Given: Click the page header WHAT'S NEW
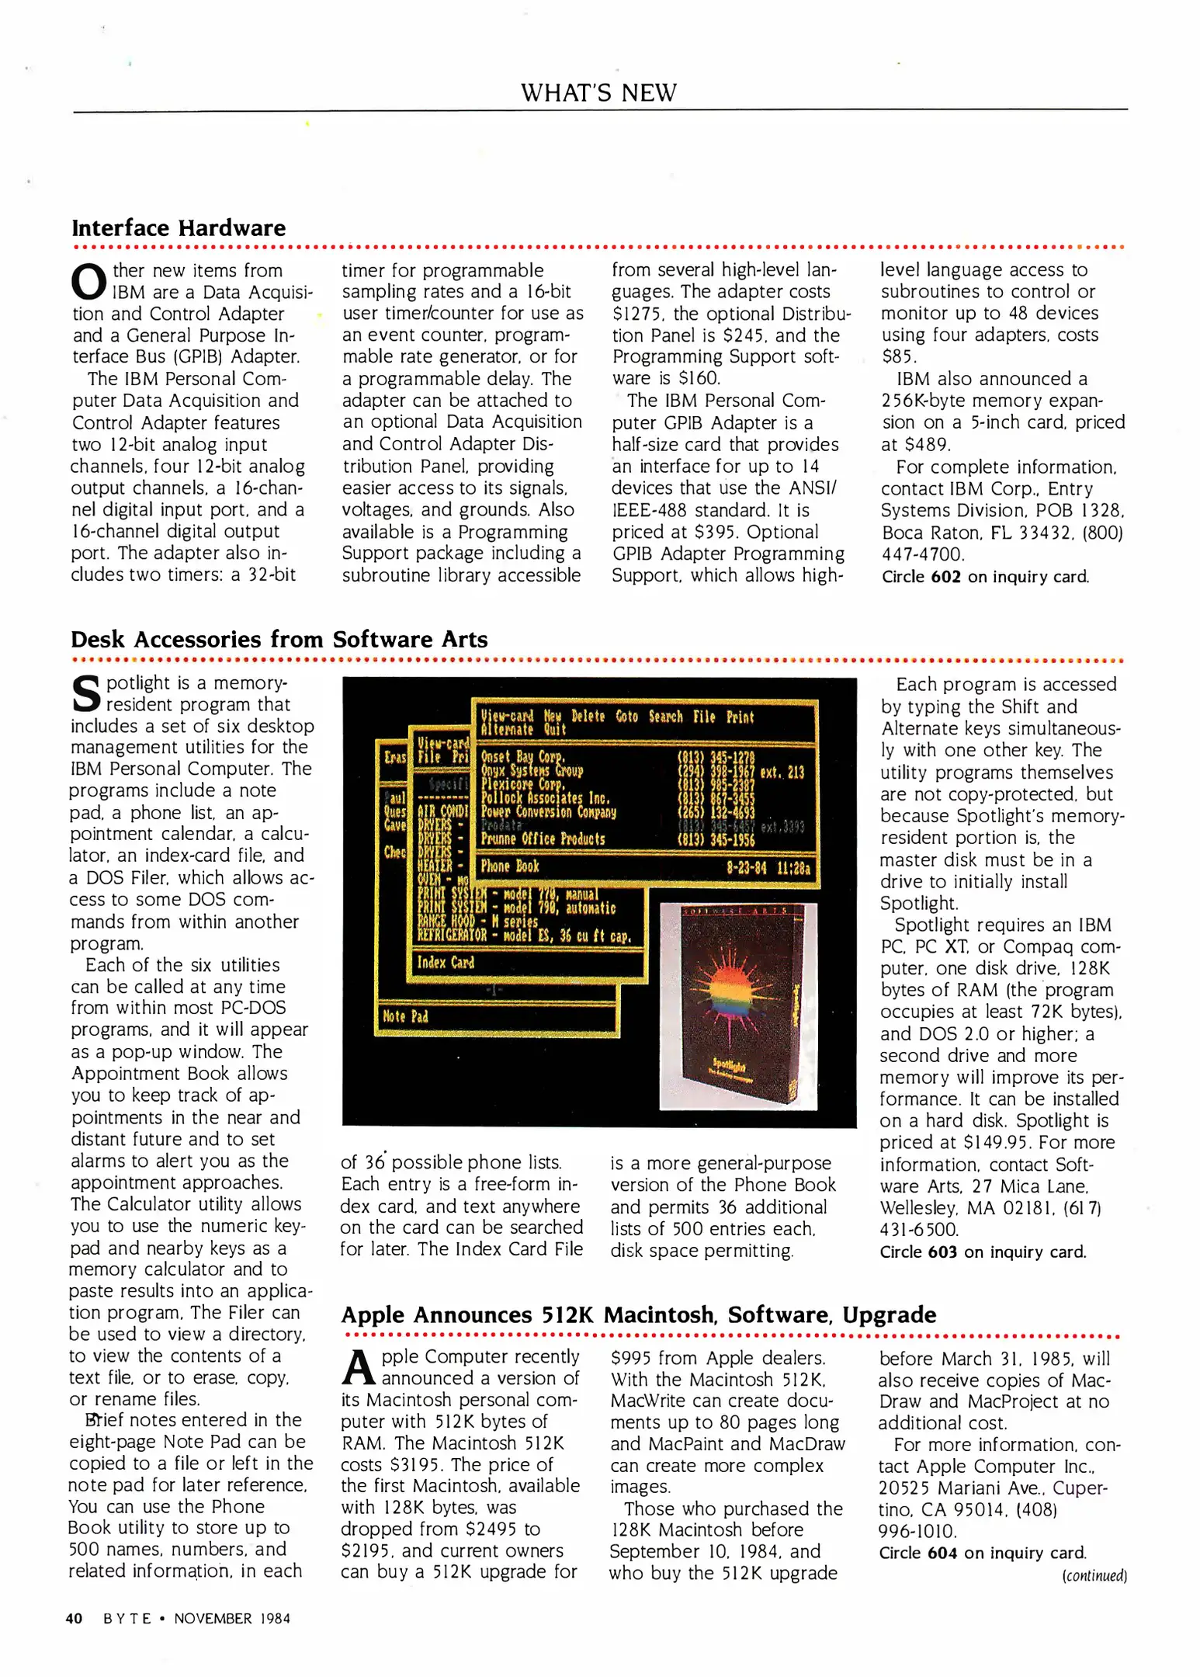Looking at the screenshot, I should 598,92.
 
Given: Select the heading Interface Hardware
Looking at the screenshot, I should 179,228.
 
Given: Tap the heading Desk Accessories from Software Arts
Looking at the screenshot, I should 279,640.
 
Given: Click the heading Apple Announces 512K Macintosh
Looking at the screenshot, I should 638,1315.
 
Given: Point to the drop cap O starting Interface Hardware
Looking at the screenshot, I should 88,283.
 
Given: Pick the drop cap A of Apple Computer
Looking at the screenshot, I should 358,1368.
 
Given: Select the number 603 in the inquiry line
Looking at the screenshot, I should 942,1252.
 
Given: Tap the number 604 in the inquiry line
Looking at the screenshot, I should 942,1553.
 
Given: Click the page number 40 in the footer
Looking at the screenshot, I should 74,1619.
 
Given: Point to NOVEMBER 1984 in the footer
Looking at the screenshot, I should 232,1619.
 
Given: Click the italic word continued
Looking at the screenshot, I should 1094,1575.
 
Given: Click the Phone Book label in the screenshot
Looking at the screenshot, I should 510,866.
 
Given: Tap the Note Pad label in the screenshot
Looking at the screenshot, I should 404,1016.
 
